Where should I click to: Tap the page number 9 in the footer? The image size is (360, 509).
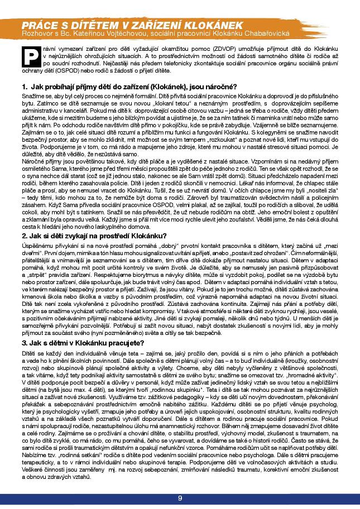(180, 498)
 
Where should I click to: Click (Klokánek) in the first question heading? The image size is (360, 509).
(153, 87)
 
